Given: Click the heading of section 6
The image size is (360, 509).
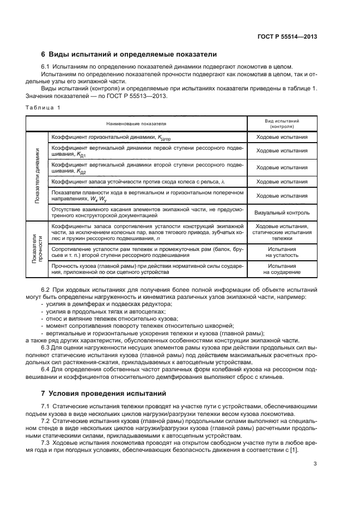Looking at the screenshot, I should [x=129, y=54].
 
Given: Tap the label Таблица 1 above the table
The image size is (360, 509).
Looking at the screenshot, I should [x=42, y=107].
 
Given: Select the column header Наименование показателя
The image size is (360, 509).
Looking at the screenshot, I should [x=137, y=124].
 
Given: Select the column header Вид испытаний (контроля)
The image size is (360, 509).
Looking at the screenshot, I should [x=282, y=123].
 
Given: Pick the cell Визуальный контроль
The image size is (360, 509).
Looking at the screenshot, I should [x=282, y=212].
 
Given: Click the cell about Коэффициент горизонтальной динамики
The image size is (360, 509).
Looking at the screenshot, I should [x=109, y=138].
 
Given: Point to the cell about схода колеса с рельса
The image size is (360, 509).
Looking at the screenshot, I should [x=137, y=181].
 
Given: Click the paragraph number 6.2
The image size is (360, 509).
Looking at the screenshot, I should [x=45, y=290].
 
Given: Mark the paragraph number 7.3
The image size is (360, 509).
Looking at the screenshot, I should [x=45, y=443].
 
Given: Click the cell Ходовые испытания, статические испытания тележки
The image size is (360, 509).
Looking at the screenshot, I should [x=282, y=232].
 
